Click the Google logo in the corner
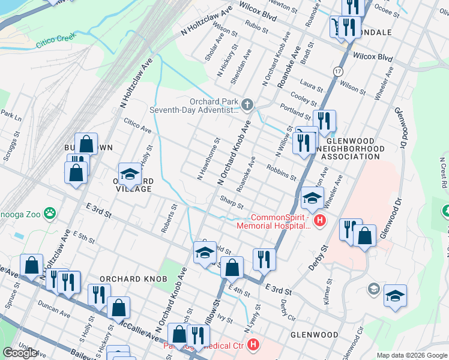[x=20, y=353]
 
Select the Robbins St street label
[x=282, y=173]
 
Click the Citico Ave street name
[x=137, y=127]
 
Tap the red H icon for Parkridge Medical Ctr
[x=254, y=346]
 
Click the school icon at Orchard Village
[x=129, y=174]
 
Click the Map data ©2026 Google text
[x=411, y=355]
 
